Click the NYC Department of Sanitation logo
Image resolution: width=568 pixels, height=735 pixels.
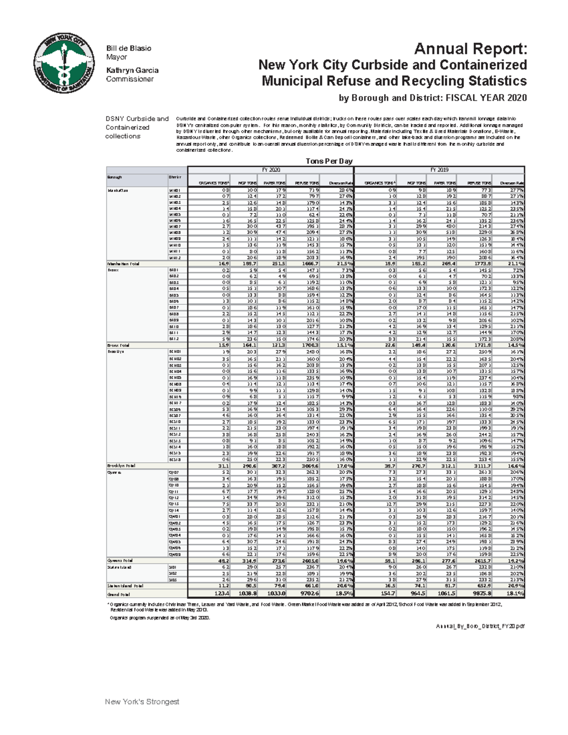[63, 63]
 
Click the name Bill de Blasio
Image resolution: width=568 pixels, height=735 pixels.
[128, 48]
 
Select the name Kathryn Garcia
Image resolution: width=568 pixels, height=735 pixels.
[132, 70]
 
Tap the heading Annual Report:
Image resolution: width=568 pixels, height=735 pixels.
[470, 49]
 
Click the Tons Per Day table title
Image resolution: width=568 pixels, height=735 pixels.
[328, 161]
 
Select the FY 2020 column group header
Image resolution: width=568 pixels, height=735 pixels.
[271, 170]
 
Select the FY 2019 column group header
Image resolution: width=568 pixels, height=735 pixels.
[439, 170]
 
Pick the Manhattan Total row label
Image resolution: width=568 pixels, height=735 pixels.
[123, 264]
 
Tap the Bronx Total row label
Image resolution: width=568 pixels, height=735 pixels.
[118, 345]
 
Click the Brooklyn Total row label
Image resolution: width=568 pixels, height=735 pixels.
[121, 466]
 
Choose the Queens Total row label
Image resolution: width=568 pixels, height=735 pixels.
[120, 560]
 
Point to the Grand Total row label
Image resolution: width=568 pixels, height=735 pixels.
[119, 594]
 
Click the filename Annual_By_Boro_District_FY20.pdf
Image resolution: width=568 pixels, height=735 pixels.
[480, 626]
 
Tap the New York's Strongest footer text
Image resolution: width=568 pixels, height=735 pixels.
[142, 702]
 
